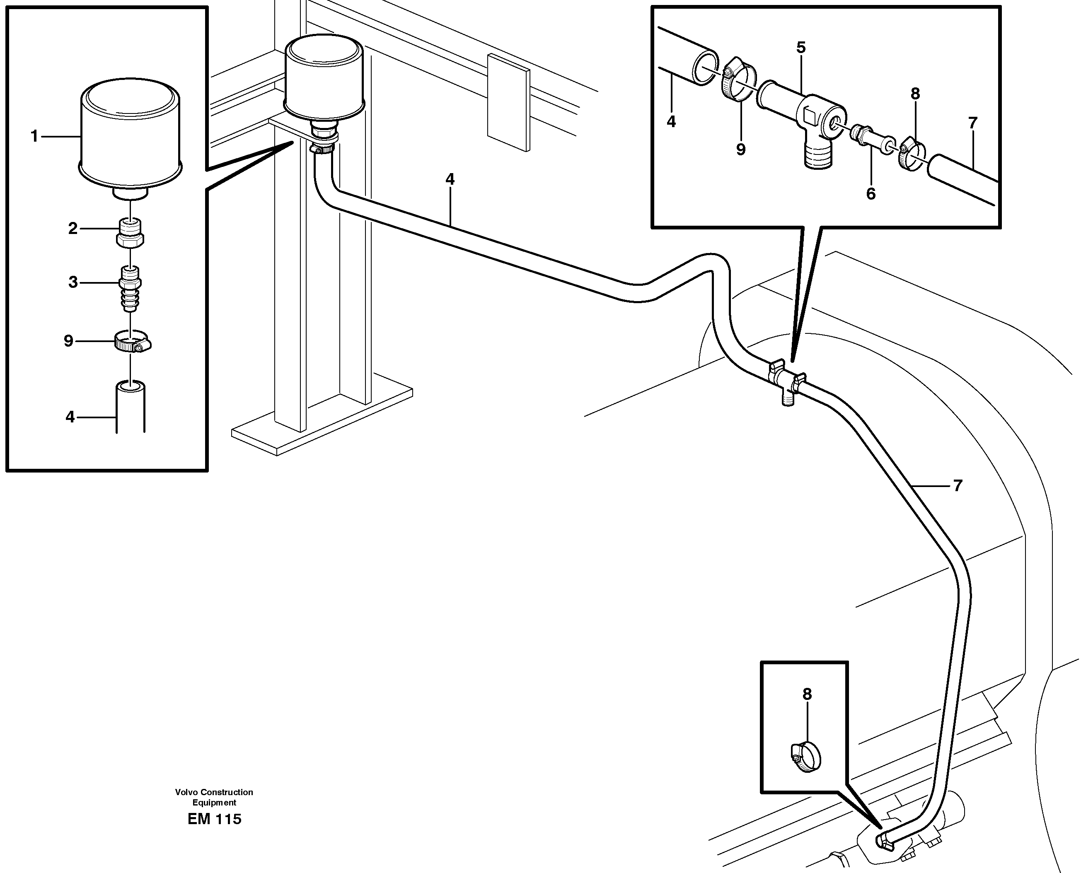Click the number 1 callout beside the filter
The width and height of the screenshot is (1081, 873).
click(34, 136)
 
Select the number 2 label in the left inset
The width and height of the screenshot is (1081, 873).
click(73, 229)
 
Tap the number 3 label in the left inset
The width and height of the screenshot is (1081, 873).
click(73, 282)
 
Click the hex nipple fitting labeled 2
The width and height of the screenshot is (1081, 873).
click(130, 233)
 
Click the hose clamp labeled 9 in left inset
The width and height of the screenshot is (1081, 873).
click(132, 342)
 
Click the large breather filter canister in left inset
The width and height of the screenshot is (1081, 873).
click(131, 131)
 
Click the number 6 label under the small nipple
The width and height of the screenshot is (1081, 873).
click(871, 194)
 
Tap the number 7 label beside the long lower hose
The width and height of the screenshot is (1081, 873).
click(957, 486)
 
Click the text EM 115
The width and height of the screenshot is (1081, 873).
click(214, 819)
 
